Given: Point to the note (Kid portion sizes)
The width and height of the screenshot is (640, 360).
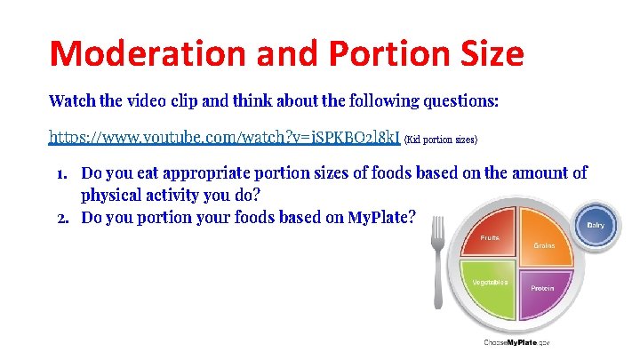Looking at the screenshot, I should pos(441,140).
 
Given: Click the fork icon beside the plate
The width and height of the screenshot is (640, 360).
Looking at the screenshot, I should pos(436,266).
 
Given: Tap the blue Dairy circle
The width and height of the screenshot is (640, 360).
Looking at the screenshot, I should pos(595,225).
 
